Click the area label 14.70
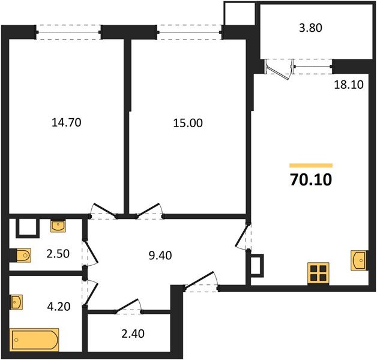[x=66, y=123]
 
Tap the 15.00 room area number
[x=188, y=123]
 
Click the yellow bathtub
[x=35, y=341]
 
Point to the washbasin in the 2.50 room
[x=58, y=226]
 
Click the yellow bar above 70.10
[x=310, y=164]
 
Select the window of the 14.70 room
[x=68, y=29]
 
